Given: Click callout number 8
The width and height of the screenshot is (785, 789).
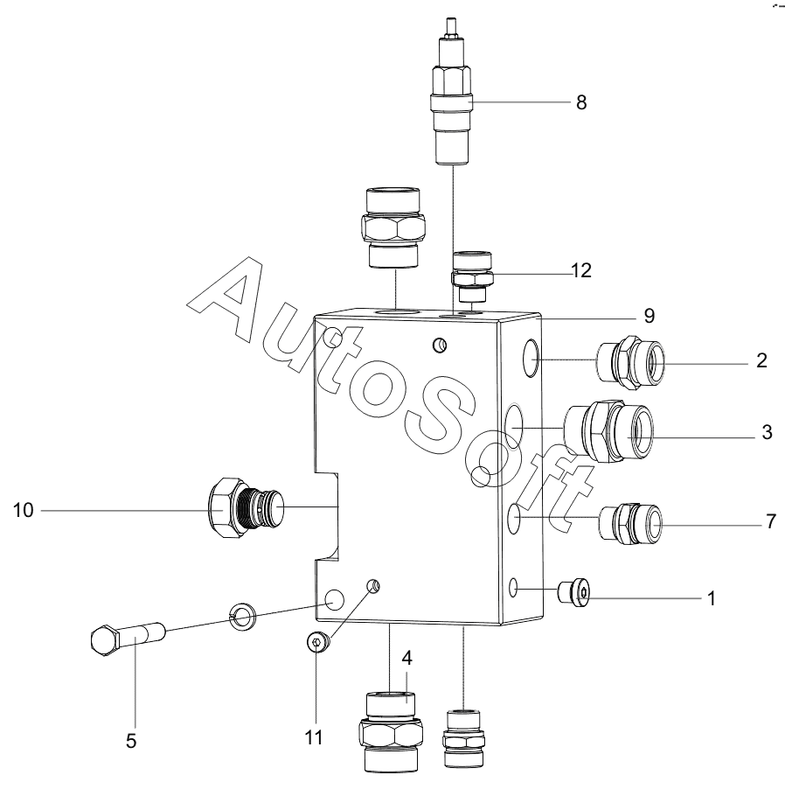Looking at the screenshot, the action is [581, 102].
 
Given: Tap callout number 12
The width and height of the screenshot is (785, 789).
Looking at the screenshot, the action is [581, 270].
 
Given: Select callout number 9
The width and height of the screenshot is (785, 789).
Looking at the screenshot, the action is [650, 316].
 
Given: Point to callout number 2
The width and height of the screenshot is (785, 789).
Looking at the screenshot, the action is [762, 360].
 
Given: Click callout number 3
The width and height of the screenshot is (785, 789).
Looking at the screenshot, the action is [767, 432].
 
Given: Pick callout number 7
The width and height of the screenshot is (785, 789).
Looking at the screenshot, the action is [771, 522].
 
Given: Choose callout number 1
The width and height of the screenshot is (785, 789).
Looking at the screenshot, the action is [711, 599].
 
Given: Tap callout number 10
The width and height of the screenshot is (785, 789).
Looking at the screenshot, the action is [23, 510].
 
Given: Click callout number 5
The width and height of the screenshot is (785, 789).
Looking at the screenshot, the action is [131, 741].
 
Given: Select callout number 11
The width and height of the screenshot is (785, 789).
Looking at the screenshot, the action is [314, 738].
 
